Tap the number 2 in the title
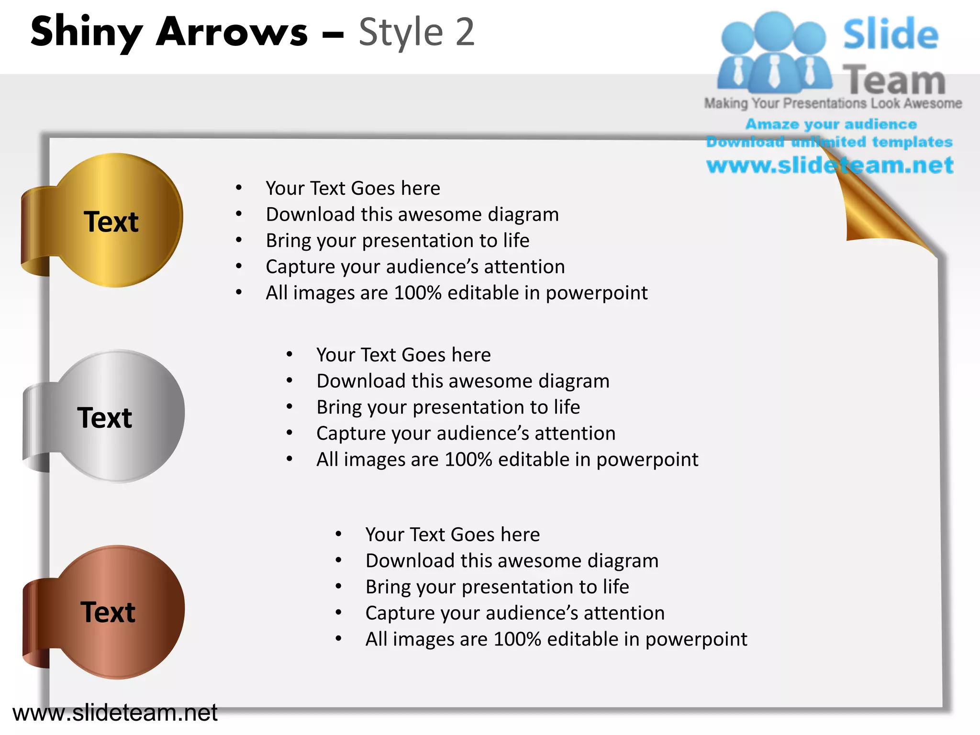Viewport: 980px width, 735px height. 464,33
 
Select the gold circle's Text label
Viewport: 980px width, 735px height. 111,222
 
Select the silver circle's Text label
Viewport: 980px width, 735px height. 104,418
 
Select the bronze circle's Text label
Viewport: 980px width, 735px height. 108,612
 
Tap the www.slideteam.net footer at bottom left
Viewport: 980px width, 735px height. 115,713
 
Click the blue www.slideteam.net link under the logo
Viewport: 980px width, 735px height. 830,166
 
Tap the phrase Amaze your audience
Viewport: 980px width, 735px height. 831,124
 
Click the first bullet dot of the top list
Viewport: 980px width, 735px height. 238,188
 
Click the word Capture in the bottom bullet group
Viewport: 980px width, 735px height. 396,613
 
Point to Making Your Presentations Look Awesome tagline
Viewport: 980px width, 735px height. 833,103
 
